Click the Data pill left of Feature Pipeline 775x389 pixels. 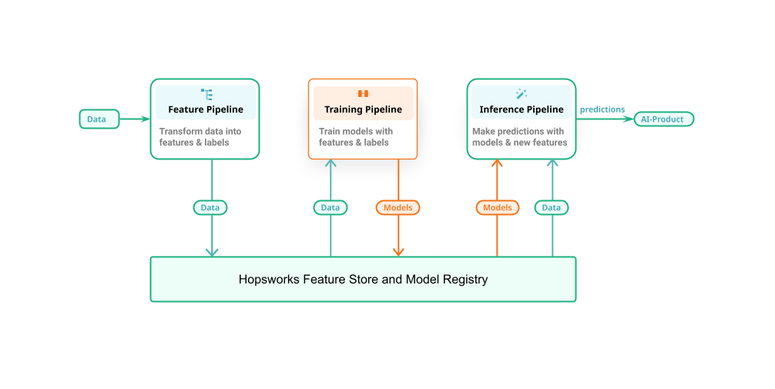99,119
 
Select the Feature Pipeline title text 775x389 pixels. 206,109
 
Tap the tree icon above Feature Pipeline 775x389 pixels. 206,94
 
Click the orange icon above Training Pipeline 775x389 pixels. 363,94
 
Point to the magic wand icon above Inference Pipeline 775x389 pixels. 522,94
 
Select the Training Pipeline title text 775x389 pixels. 363,109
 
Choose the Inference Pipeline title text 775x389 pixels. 522,109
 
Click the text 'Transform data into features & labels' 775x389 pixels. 200,137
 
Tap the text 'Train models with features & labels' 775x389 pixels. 356,137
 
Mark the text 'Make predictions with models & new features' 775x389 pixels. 519,137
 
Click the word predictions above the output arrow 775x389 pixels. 602,109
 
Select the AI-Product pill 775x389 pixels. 663,119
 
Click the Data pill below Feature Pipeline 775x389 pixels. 210,207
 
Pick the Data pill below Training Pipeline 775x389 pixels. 330,207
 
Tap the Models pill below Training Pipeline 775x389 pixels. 398,207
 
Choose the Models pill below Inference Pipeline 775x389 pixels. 497,207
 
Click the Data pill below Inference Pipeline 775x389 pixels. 552,207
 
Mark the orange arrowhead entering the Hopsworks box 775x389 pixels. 398,251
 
